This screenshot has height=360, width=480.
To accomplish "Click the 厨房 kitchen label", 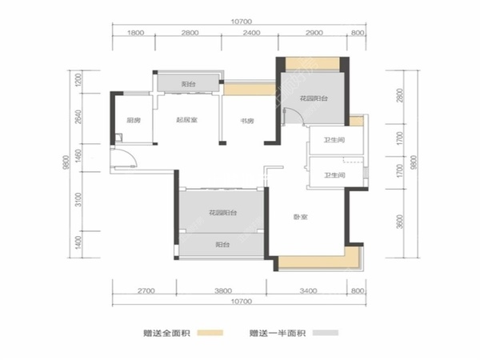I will (132, 121).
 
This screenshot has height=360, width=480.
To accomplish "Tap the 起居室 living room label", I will (188, 121).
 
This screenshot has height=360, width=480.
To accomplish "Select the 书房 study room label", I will (247, 121).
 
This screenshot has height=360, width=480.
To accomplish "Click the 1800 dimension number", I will (135, 33).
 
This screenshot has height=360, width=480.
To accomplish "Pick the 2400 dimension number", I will (251, 33).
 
